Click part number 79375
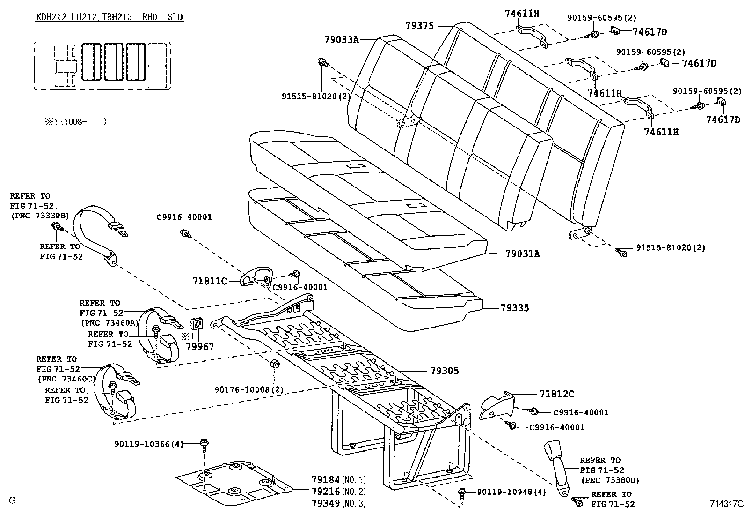419,26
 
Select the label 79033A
342,40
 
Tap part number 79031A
523,254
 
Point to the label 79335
514,308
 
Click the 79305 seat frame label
445,371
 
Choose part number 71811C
210,281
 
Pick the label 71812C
557,394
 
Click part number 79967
199,347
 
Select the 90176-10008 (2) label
249,389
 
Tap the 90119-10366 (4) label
149,444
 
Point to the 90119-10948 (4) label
511,492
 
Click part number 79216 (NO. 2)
339,492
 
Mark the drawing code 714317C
726,504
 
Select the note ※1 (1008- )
75,121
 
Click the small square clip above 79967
197,323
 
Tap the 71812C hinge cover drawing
496,405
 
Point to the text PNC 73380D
610,480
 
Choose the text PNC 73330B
40,216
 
